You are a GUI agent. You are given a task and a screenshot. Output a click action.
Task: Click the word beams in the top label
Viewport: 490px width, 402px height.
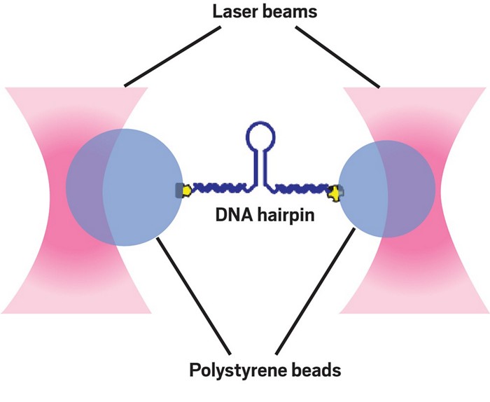click(274, 12)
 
